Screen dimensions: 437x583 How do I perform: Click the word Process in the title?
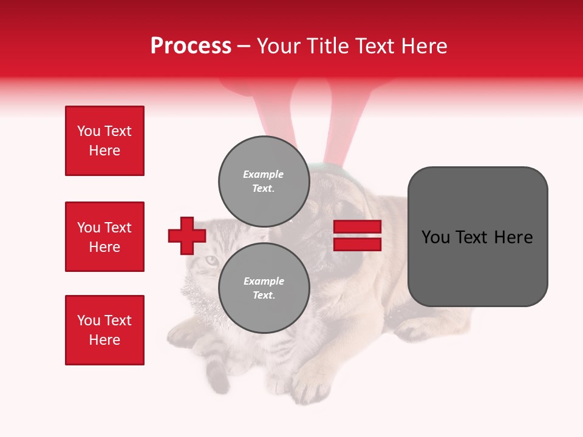point(191,46)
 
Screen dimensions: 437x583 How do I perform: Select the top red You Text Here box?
point(104,141)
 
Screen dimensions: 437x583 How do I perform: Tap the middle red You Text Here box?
point(104,237)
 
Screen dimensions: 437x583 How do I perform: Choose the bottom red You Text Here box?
point(104,330)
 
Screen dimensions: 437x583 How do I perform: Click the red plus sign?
point(187,235)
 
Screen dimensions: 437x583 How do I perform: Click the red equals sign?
point(357,235)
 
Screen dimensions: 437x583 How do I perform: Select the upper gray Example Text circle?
point(264,181)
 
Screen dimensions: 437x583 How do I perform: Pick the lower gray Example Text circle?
point(264,288)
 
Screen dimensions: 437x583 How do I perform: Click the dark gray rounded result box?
point(477,237)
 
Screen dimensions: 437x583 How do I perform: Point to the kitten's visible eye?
point(210,260)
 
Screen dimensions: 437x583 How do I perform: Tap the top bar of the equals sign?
point(357,227)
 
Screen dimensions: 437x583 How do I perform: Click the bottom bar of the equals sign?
point(357,244)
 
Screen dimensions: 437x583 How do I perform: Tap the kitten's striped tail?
point(216,374)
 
